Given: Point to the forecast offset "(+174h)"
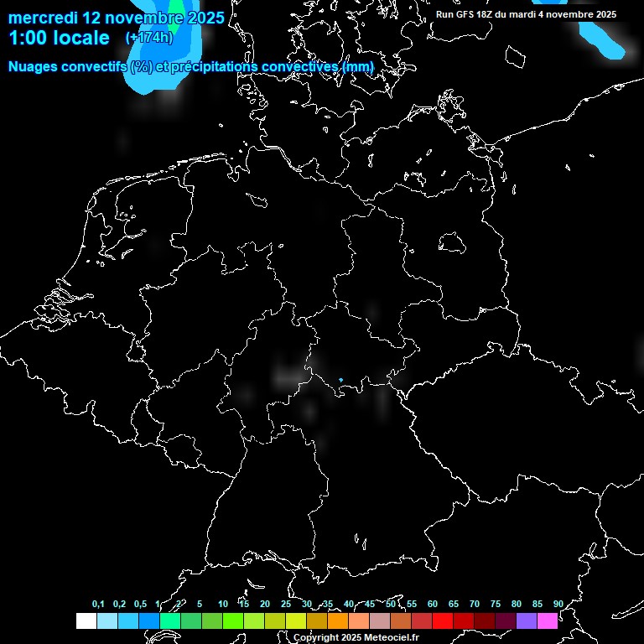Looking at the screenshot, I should click(x=148, y=38).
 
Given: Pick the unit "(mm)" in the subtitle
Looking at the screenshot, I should click(x=358, y=65).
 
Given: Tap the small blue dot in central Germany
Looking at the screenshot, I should click(x=340, y=380).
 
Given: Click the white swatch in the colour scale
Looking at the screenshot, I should click(x=86, y=621).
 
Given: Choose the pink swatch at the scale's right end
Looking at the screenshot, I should click(x=548, y=621).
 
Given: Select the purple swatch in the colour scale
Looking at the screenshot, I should click(x=527, y=621).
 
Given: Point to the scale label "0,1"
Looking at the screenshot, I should click(x=98, y=605).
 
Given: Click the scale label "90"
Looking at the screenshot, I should click(x=558, y=605).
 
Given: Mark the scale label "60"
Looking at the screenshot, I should click(x=433, y=605).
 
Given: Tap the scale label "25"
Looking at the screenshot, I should click(x=286, y=605).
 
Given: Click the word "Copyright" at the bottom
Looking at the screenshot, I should click(x=316, y=638).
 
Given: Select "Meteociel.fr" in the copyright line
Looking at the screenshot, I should click(x=392, y=638).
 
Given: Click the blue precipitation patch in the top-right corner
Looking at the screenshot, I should click(x=604, y=38).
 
